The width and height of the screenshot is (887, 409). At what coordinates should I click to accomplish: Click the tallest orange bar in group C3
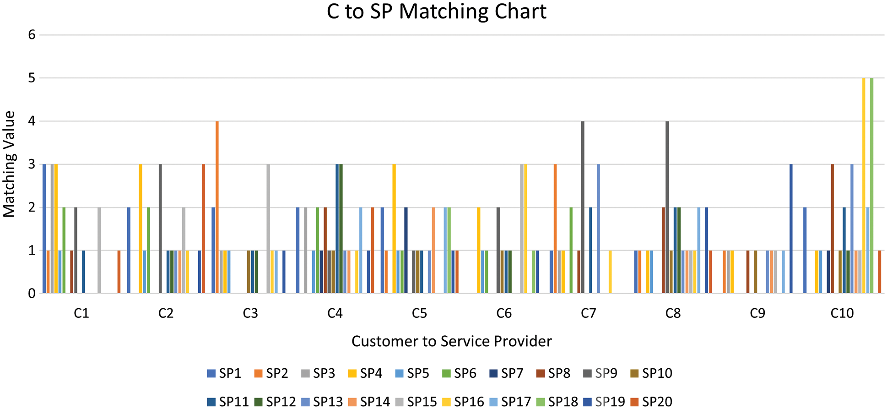pyautogui.click(x=217, y=207)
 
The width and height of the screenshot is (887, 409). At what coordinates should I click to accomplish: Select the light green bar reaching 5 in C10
pyautogui.click(x=871, y=185)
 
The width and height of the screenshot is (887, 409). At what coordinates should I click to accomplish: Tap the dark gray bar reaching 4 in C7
pyautogui.click(x=583, y=207)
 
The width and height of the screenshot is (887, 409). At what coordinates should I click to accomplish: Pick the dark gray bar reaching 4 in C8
pyautogui.click(x=667, y=207)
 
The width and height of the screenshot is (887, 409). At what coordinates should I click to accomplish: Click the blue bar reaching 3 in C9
pyautogui.click(x=791, y=229)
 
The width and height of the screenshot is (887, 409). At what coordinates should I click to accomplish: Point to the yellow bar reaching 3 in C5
pyautogui.click(x=394, y=229)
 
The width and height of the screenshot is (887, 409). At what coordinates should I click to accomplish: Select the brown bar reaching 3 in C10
pyautogui.click(x=832, y=229)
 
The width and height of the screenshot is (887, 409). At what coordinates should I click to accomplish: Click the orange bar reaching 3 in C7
pyautogui.click(x=555, y=229)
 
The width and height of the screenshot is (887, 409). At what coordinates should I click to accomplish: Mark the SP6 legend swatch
pyautogui.click(x=447, y=373)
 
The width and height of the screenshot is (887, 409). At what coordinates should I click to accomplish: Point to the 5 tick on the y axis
pyautogui.click(x=32, y=78)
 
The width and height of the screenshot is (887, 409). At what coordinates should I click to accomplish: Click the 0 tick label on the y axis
pyautogui.click(x=32, y=293)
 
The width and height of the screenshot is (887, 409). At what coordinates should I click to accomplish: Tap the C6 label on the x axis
pyautogui.click(x=504, y=313)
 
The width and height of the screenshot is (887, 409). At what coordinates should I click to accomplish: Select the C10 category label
pyautogui.click(x=842, y=313)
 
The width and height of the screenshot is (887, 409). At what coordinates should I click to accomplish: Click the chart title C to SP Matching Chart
pyautogui.click(x=436, y=11)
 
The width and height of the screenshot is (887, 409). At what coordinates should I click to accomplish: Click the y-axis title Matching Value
pyautogui.click(x=9, y=164)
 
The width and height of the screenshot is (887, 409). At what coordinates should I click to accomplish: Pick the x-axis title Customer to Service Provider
pyautogui.click(x=451, y=341)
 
